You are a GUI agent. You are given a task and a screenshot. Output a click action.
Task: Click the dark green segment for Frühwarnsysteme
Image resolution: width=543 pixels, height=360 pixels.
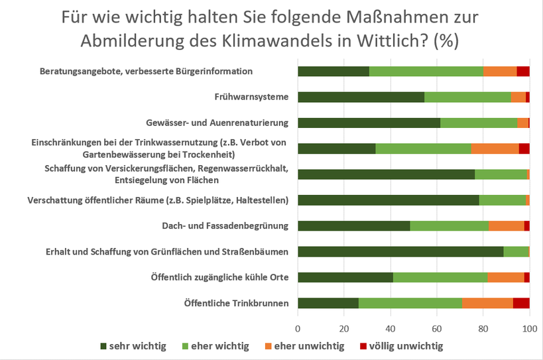click(361, 97)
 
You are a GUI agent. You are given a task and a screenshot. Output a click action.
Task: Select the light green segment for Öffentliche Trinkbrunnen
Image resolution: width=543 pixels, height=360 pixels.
click(410, 303)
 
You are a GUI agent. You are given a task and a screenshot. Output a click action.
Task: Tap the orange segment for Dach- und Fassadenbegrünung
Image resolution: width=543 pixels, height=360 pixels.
click(506, 225)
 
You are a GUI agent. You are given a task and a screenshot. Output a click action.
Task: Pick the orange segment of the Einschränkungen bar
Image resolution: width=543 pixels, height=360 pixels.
click(495, 149)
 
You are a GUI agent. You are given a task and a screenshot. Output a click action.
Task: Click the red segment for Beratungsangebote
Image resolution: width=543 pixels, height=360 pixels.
click(522, 72)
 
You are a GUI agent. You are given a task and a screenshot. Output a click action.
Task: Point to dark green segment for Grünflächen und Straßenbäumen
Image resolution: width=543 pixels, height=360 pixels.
click(400, 251)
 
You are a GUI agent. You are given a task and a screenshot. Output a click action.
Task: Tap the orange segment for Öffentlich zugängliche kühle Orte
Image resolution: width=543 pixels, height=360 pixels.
click(505, 277)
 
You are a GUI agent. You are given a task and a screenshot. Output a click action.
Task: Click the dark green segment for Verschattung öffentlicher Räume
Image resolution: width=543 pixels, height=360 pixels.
click(388, 200)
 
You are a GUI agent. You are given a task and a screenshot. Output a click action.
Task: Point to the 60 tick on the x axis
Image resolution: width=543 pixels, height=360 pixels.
click(437, 328)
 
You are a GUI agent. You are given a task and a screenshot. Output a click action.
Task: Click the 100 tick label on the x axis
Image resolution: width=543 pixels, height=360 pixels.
click(529, 328)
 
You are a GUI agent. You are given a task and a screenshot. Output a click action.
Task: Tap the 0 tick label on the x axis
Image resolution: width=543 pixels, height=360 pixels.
click(298, 328)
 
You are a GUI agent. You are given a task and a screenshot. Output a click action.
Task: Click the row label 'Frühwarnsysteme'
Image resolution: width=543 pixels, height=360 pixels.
click(251, 97)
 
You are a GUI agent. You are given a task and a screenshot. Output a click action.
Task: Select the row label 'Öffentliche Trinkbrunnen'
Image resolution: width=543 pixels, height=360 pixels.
click(236, 303)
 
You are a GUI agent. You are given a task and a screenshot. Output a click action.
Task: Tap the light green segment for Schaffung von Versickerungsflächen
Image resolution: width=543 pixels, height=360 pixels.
click(501, 174)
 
